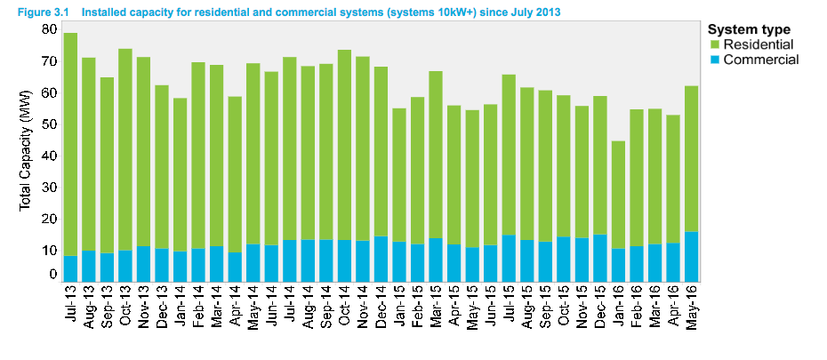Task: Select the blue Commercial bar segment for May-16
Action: click(x=691, y=257)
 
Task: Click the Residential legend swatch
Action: click(x=714, y=44)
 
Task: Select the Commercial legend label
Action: click(x=760, y=60)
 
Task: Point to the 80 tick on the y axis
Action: click(x=50, y=29)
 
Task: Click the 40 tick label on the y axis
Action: click(x=50, y=156)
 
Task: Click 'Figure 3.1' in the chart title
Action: click(x=43, y=11)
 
